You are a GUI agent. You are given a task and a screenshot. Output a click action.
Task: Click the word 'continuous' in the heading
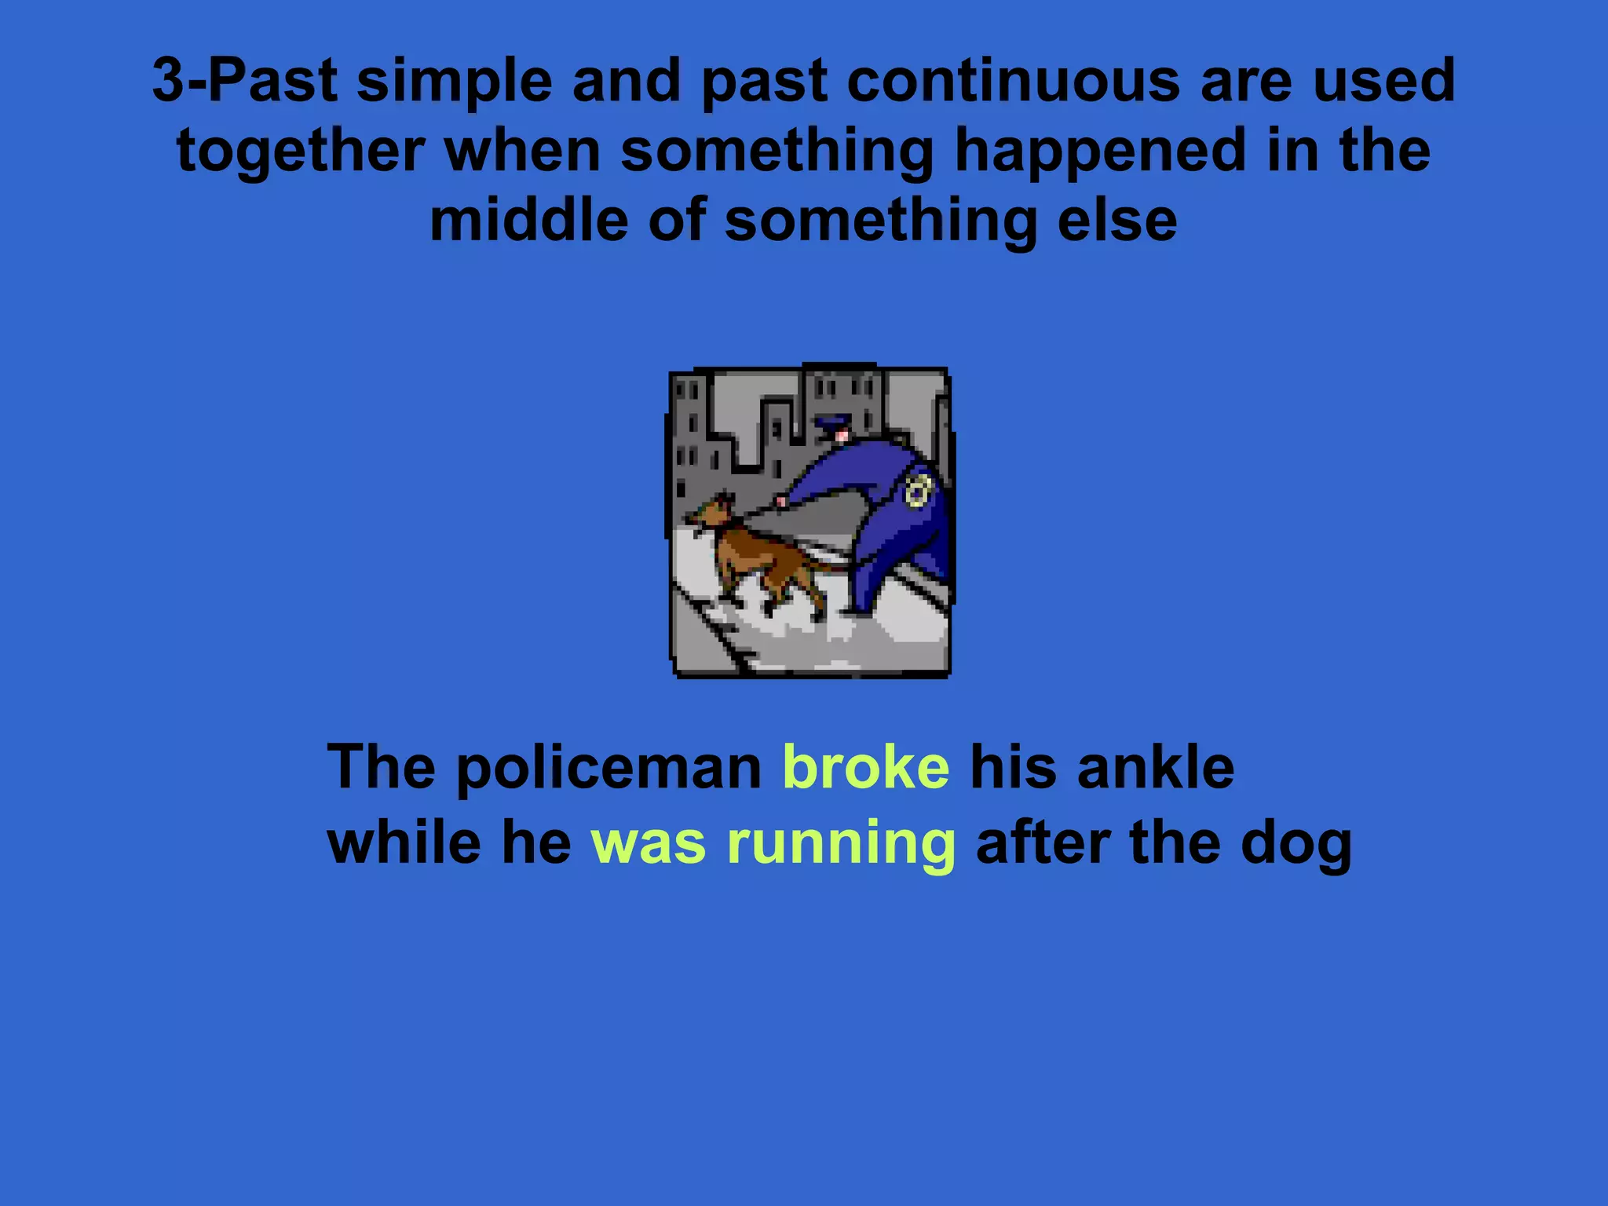pos(1013,80)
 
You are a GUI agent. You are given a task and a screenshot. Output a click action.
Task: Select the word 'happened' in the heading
pos(1099,151)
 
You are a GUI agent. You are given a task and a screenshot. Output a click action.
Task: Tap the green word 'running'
pos(841,843)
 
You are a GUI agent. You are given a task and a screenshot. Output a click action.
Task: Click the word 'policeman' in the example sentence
pos(609,768)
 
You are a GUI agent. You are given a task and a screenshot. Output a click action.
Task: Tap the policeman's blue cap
pos(831,425)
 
